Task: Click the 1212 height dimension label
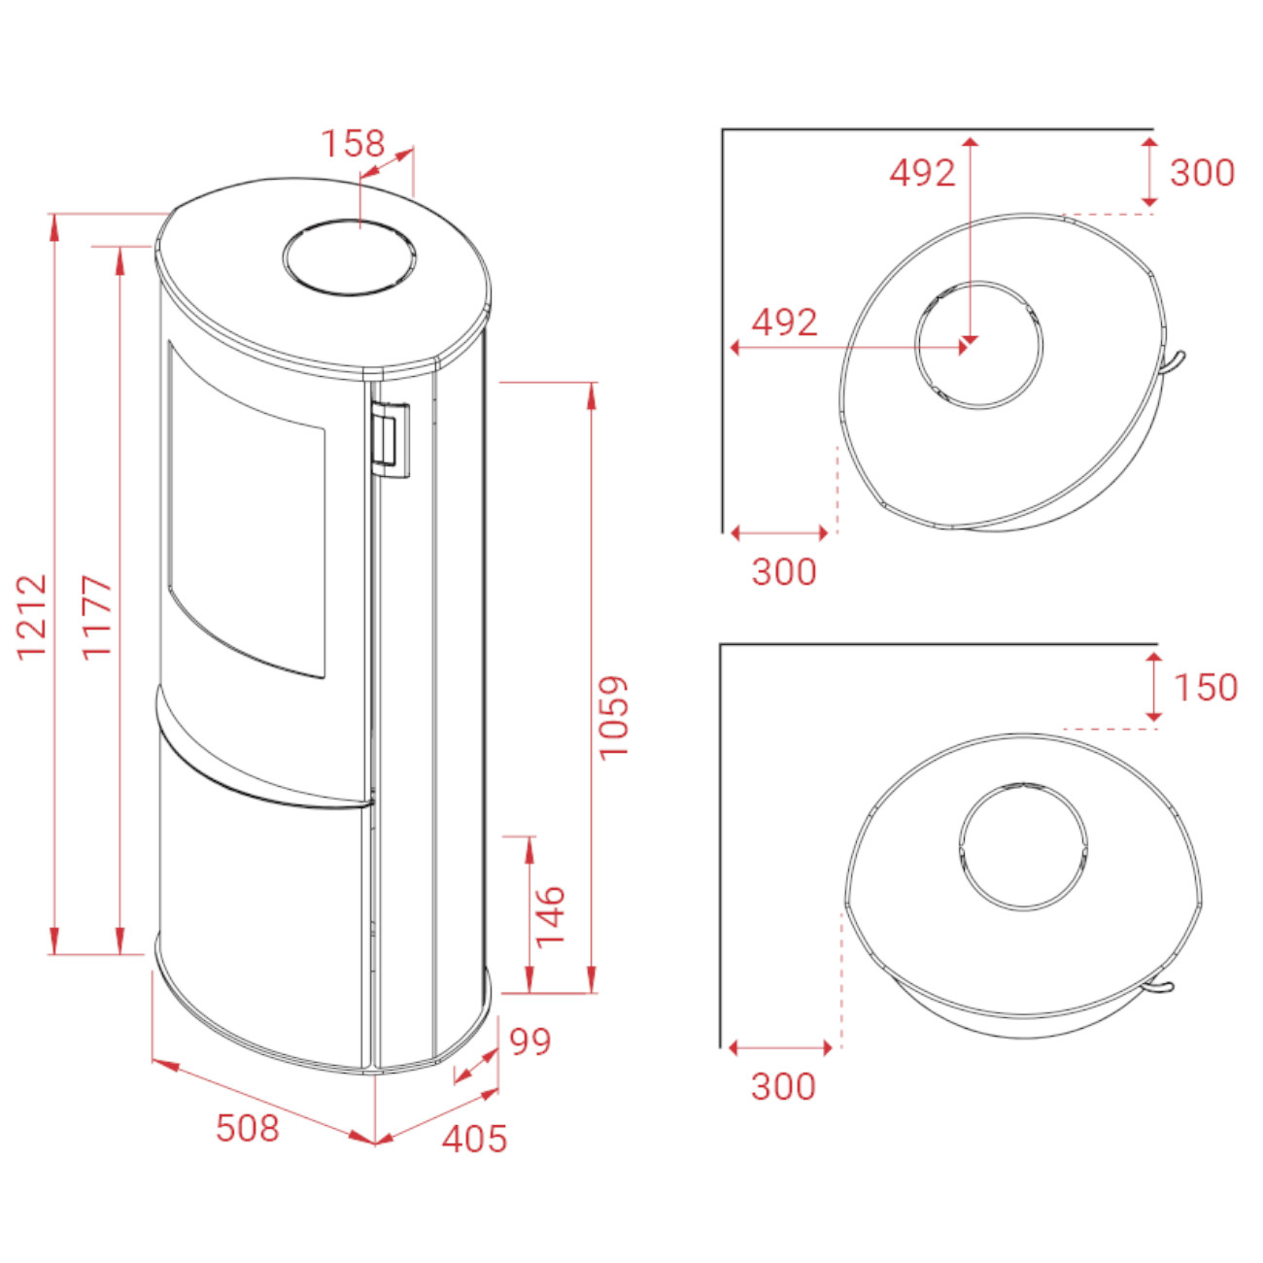click(x=31, y=617)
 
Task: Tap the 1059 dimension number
click(x=614, y=717)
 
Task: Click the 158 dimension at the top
click(x=354, y=144)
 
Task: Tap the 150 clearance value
click(x=1206, y=688)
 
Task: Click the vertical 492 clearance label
click(x=923, y=173)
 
